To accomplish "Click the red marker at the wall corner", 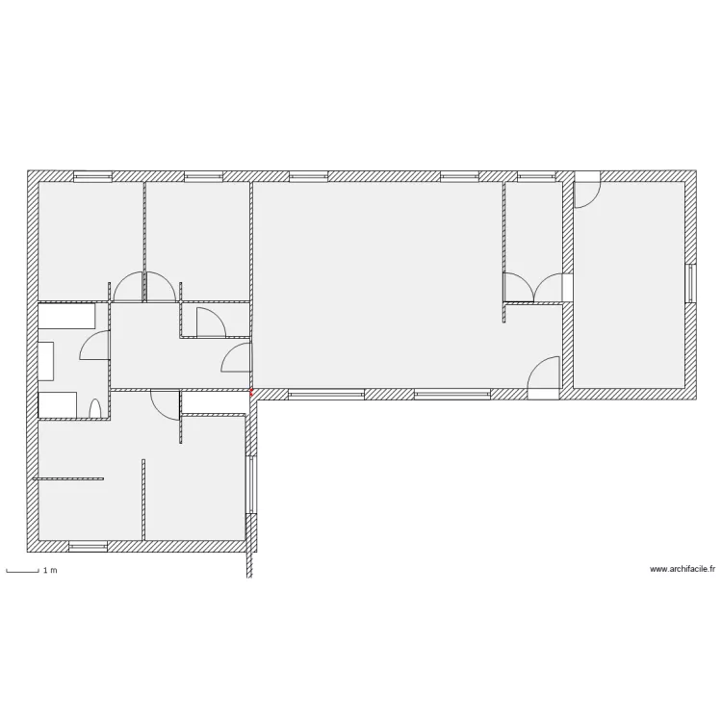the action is (251, 393).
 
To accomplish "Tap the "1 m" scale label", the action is (50, 571).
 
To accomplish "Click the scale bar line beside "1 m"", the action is (22, 572).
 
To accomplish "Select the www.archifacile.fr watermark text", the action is (683, 569).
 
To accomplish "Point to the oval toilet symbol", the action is (94, 408).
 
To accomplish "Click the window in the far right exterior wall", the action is (690, 283).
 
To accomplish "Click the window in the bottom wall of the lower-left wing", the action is (88, 546).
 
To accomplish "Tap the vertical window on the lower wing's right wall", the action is (251, 484).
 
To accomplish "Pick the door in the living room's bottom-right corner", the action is (543, 377).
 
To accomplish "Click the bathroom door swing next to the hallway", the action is (95, 346).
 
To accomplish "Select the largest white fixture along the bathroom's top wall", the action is (66, 316).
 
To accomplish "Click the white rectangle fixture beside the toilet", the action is (57, 404).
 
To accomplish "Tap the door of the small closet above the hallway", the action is (211, 322).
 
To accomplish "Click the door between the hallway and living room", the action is (236, 358).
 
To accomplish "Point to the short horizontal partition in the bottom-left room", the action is (68, 478).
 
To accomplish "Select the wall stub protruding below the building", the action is (250, 564).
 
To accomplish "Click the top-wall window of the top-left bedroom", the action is (93, 176).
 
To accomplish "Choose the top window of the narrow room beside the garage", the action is (536, 176).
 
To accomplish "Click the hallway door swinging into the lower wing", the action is (165, 405).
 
